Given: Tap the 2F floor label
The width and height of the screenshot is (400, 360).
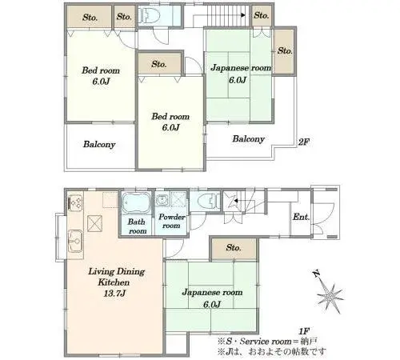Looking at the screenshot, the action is [x=303, y=142].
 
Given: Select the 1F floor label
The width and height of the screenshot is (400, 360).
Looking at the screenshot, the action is [x=304, y=331].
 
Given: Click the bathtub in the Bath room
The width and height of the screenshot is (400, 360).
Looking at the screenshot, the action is [x=136, y=203].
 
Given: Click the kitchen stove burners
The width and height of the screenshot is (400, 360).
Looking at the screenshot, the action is [x=75, y=203].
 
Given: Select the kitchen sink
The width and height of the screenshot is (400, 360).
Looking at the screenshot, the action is [x=75, y=242].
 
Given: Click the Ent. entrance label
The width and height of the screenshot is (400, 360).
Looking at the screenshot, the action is [x=301, y=217].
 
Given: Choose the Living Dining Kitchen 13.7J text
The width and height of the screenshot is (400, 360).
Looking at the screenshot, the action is [x=116, y=282].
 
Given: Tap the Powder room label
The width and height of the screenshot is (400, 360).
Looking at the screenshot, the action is [x=172, y=221].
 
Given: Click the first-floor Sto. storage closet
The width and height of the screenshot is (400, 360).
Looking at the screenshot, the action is [x=234, y=248].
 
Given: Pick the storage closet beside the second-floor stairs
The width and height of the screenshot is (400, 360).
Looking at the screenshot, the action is [x=262, y=15].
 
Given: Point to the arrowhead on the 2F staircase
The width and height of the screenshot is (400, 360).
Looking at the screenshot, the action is [x=243, y=15].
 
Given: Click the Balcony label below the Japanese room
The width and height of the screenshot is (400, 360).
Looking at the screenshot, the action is [x=249, y=138].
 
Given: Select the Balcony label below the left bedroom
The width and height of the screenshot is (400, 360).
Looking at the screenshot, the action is [x=99, y=144].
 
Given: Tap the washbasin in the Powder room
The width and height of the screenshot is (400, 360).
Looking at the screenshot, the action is [x=162, y=199].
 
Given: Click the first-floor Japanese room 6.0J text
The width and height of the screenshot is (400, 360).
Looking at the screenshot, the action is [x=212, y=298].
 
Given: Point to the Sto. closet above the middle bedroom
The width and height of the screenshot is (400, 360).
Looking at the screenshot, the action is [x=159, y=63].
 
